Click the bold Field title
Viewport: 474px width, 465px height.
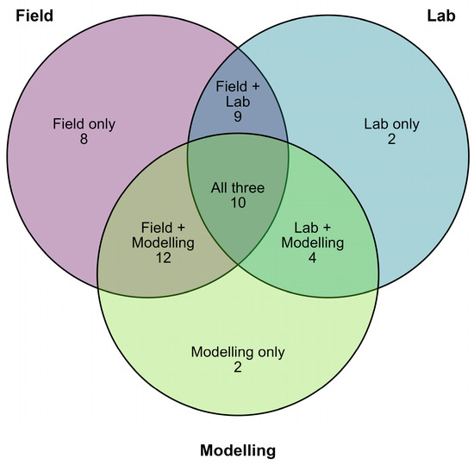34,16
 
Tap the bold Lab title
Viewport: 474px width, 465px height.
441,16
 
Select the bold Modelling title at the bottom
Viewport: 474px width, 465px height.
238,450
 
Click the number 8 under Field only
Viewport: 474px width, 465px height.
84,139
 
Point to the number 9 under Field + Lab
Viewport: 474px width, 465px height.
238,116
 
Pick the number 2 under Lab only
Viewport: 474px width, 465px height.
391,139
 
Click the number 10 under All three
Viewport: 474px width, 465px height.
238,203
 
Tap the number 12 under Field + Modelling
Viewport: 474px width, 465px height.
164,258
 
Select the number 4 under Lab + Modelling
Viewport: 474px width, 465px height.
312,258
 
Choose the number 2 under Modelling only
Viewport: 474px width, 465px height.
238,368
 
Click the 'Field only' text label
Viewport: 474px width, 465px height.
84,124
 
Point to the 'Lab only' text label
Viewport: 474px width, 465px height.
391,124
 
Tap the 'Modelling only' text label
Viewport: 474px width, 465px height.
238,353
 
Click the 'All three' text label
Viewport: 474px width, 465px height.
238,188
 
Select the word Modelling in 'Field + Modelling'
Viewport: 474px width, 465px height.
163,243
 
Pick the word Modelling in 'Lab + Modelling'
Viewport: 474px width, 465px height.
313,243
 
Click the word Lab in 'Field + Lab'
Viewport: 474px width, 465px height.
238,102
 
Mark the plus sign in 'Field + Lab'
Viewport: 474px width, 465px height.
255,87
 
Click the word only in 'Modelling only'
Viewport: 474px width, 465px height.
271,353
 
